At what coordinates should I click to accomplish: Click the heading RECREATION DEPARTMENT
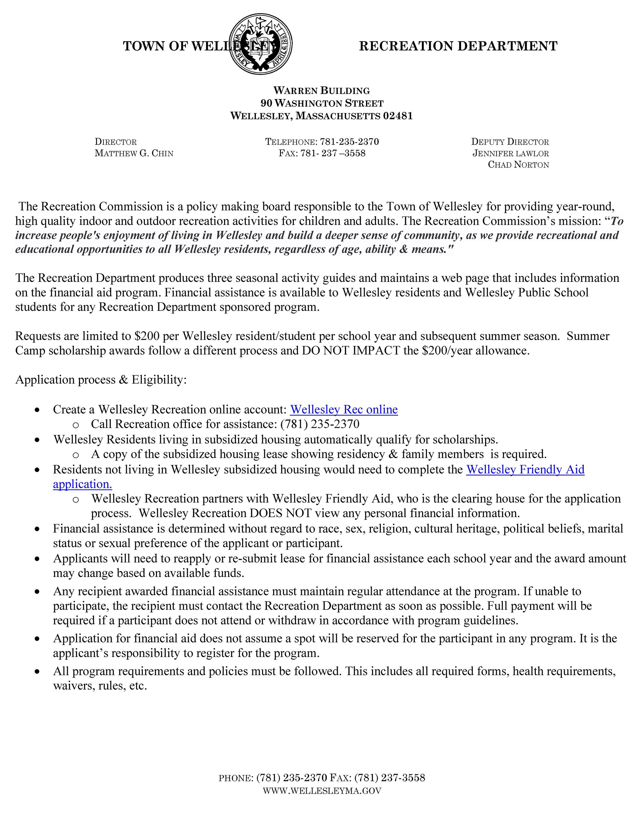(458, 46)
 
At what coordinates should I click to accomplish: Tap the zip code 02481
(398, 116)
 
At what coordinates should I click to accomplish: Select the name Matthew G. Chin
(134, 154)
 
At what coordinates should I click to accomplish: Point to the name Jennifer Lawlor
(510, 154)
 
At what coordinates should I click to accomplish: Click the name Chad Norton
(518, 165)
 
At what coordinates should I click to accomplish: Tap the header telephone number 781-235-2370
(349, 142)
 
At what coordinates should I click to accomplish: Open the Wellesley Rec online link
(344, 410)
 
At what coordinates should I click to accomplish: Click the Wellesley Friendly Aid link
(525, 469)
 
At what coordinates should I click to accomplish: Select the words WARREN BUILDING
(321, 91)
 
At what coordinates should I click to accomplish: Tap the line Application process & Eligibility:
(101, 380)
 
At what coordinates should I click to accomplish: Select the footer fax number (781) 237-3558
(389, 778)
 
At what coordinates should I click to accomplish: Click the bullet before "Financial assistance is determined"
(37, 529)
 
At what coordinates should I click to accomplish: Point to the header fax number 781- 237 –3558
(333, 154)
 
